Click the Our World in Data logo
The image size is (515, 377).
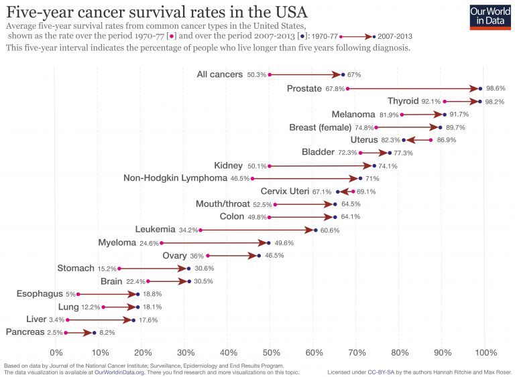tap(488, 15)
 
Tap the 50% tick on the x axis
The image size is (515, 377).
tap(271, 352)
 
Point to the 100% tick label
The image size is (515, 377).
tap(484, 352)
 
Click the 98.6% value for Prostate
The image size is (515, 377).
tap(496, 88)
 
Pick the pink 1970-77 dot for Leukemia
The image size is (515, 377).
tap(200, 230)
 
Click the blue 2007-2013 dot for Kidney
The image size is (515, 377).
tap(374, 165)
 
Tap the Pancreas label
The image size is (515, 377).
tap(25, 332)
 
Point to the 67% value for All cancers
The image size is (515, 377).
tap(355, 75)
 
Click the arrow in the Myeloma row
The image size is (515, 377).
tap(215, 243)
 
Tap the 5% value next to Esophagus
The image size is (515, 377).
tap(70, 294)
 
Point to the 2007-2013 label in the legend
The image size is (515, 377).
tap(395, 36)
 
